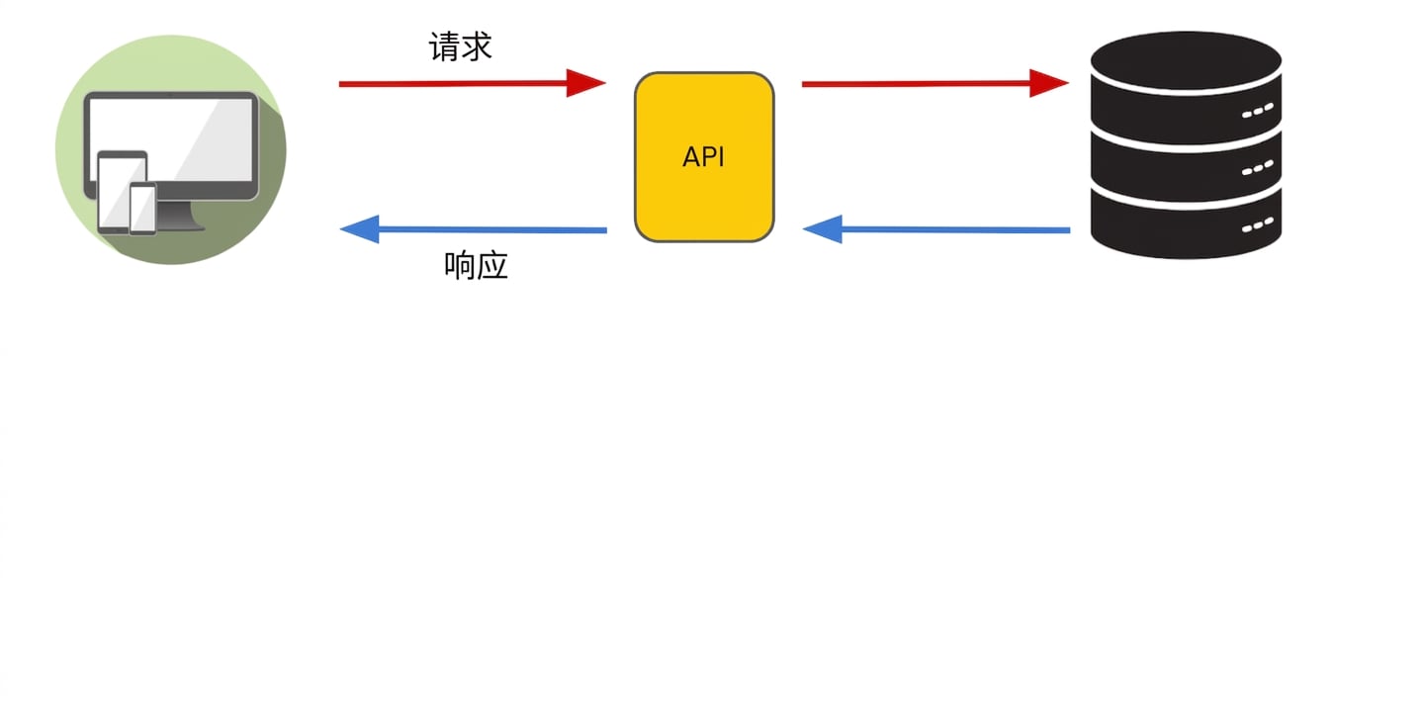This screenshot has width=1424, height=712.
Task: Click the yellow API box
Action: coord(704,157)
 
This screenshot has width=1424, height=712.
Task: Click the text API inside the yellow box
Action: coord(703,157)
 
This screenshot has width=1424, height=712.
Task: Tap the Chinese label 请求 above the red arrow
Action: coord(460,46)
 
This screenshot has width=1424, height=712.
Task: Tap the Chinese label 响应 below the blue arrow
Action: coord(476,266)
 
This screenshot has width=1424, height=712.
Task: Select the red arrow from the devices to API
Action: coord(473,83)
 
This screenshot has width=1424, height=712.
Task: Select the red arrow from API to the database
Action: coord(935,83)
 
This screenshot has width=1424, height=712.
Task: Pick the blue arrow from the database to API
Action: coord(936,229)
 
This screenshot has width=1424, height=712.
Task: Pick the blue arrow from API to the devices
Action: coord(474,229)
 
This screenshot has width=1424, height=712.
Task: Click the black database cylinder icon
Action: coord(1187,145)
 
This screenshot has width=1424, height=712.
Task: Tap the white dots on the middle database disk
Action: coord(1258,168)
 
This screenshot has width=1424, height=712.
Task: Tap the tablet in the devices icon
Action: coord(122,192)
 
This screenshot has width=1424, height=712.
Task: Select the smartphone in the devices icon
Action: coord(143,210)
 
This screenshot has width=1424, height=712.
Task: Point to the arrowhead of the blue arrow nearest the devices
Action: coord(360,229)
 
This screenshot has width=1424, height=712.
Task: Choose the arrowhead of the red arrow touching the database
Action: coord(1049,83)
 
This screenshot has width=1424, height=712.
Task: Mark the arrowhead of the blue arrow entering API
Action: coord(823,229)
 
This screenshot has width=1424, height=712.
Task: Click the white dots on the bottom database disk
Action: coord(1258,225)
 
